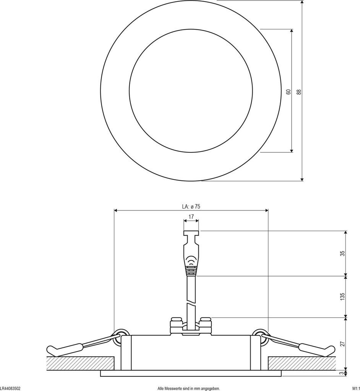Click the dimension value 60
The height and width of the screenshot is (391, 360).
tap(289, 92)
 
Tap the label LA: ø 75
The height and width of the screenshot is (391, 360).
tap(191, 207)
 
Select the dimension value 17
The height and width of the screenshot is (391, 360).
tap(191, 217)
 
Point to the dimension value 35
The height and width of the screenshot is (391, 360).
tap(343, 254)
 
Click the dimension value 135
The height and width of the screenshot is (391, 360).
tap(343, 296)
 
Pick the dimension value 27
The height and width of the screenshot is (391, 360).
tap(343, 344)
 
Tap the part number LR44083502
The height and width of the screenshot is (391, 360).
tap(10, 388)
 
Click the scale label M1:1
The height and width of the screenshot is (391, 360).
tap(356, 388)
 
